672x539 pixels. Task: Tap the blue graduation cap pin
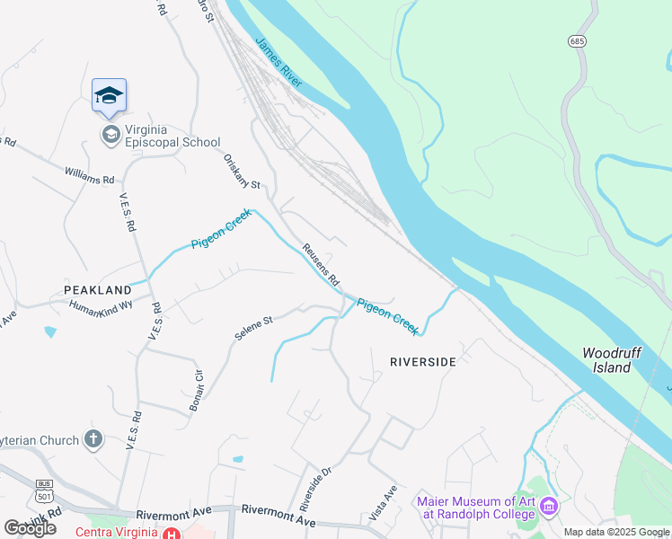109,96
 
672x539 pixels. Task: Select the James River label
279,62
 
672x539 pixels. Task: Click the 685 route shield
577,41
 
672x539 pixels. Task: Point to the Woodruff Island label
611,360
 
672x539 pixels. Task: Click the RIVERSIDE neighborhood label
422,361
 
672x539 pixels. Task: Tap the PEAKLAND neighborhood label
97,290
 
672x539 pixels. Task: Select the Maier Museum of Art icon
551,508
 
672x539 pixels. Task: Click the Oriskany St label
241,172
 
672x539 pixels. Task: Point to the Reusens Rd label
321,263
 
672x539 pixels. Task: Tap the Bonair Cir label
198,390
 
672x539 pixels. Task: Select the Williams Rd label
90,173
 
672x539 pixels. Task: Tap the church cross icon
93,439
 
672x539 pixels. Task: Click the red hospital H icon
171,534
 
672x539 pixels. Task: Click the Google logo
30,528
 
